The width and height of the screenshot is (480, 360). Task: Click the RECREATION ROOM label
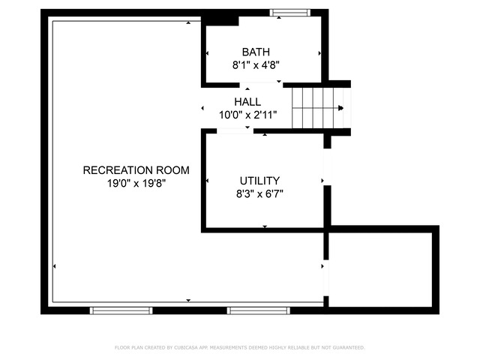click(x=136, y=170)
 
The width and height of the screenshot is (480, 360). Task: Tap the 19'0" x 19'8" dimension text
click(x=136, y=183)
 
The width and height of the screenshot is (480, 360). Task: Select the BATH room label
click(x=256, y=52)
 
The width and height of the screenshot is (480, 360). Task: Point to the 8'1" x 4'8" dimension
click(x=256, y=65)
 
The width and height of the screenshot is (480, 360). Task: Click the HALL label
click(x=247, y=102)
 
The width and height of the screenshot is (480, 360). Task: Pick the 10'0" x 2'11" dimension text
click(x=248, y=115)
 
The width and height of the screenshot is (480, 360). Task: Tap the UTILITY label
click(x=259, y=181)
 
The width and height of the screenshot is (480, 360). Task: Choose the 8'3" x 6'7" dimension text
click(x=259, y=193)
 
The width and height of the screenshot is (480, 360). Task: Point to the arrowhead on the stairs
click(x=340, y=108)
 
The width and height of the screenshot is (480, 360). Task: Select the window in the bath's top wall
click(x=290, y=13)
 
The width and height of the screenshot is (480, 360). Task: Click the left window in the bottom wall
click(x=121, y=310)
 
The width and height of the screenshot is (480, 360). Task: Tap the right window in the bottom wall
click(x=259, y=310)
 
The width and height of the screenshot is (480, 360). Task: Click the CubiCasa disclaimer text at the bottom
click(x=240, y=347)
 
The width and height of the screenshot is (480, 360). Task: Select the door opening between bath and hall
click(x=261, y=85)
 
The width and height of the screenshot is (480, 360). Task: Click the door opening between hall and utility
click(x=235, y=131)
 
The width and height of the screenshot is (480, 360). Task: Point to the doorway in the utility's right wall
click(x=328, y=167)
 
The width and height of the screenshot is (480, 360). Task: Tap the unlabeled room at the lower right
click(x=380, y=270)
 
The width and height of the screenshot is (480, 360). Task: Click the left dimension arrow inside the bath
click(x=207, y=53)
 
